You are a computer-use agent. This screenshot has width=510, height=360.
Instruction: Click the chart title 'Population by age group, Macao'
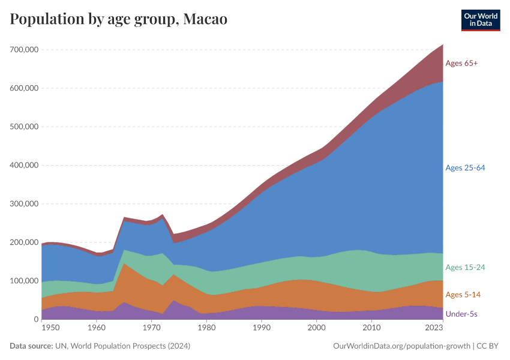[118, 19]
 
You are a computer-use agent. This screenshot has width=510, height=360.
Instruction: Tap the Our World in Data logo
[481, 20]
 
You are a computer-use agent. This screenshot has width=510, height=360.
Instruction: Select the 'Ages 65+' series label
[461, 63]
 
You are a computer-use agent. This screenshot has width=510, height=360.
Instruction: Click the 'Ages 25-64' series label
[465, 168]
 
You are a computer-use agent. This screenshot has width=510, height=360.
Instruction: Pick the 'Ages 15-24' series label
[465, 267]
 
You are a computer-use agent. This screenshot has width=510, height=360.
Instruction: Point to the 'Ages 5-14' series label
[463, 295]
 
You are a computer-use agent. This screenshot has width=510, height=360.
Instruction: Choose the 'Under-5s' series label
[461, 314]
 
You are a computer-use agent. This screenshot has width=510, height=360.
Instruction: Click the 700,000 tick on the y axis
[25, 50]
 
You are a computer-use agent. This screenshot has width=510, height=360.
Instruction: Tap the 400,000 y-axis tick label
[25, 166]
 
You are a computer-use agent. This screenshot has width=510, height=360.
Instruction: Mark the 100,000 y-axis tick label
[25, 281]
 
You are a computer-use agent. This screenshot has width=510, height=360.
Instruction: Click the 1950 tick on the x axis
[50, 329]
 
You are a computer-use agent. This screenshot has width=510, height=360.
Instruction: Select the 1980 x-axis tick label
[206, 329]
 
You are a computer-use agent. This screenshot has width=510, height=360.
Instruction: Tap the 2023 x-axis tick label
[434, 329]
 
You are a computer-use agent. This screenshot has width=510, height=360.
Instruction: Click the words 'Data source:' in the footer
[31, 346]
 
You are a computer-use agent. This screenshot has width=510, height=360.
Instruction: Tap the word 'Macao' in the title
[205, 19]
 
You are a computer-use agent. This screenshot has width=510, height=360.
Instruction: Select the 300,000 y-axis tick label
[25, 204]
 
